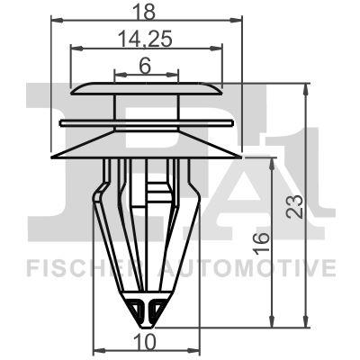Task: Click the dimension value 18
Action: click(x=146, y=11)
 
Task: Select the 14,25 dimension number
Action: click(x=146, y=40)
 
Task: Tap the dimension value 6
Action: click(x=146, y=65)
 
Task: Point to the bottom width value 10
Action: click(x=145, y=341)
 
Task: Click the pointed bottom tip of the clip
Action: click(x=146, y=324)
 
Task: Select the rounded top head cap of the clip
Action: click(x=146, y=89)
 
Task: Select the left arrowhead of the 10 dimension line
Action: click(x=98, y=351)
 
